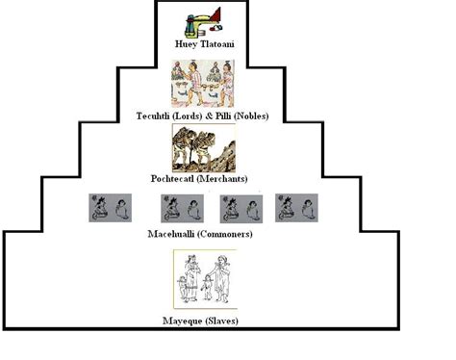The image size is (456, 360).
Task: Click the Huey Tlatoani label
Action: (x=203, y=44)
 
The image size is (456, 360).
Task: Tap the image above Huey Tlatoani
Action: (x=202, y=22)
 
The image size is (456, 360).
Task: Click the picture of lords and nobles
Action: (x=202, y=83)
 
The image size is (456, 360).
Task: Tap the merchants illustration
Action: (x=202, y=147)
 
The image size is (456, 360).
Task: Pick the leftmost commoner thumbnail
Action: (x=109, y=208)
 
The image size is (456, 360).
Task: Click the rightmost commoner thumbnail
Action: (x=297, y=208)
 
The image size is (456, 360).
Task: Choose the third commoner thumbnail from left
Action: (x=242, y=208)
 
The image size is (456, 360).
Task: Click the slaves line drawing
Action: (x=204, y=279)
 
